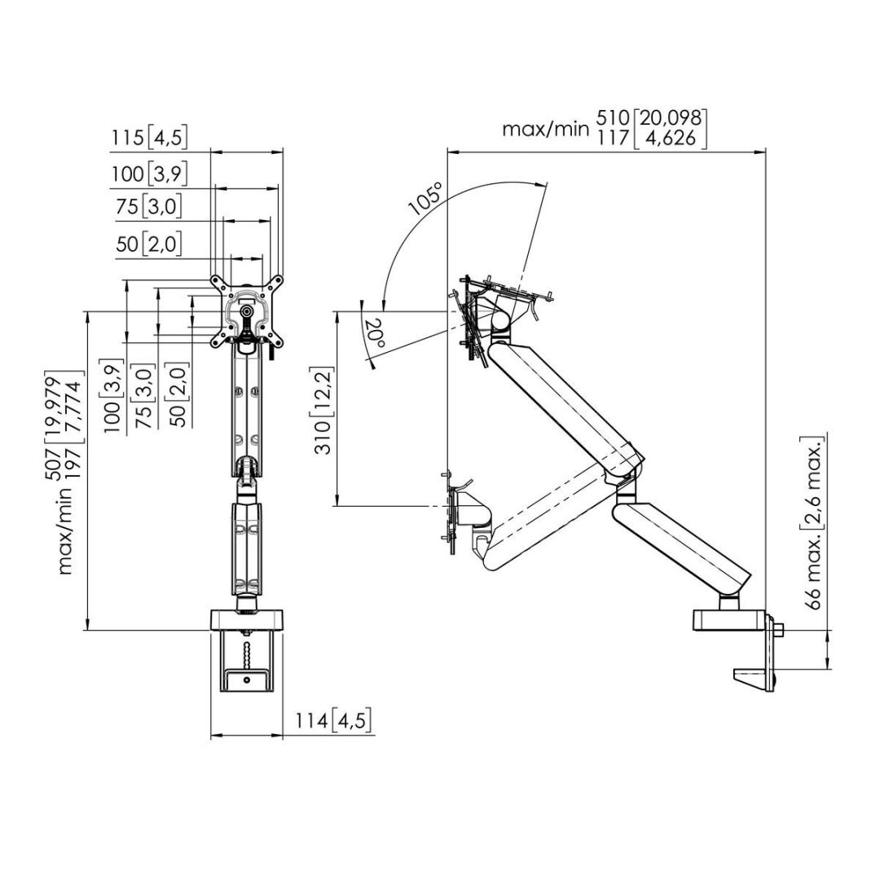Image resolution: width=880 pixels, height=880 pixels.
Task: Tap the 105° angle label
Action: tap(426, 198)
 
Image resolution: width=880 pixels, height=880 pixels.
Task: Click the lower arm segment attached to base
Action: tap(680, 546)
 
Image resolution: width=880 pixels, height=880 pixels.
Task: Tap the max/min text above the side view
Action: tap(543, 129)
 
